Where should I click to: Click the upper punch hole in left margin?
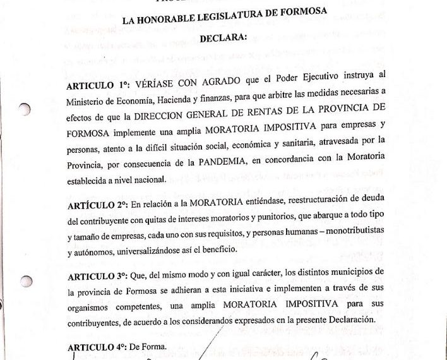(x=24, y=109)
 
